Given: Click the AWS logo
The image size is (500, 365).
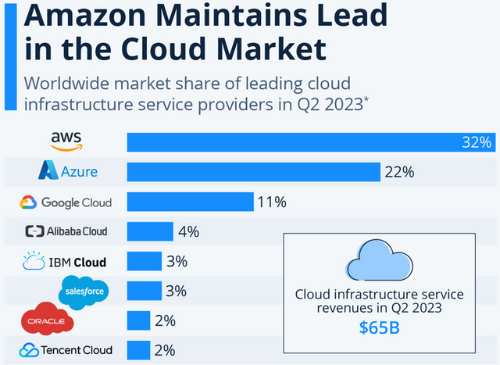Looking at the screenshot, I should coord(66,141).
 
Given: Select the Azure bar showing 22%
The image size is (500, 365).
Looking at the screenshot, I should coord(253,171).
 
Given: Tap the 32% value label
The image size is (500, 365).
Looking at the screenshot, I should coord(476,142).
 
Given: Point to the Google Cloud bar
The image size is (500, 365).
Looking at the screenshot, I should coord(190,202).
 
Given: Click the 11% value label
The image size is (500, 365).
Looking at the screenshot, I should coord(272,202).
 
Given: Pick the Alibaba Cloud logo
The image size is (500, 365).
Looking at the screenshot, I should coord(66,231).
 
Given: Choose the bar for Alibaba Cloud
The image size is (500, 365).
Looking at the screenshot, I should coord(150,231).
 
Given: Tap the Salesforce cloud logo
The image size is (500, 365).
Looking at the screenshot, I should coord(84,292).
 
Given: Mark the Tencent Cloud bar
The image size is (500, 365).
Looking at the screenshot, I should coord(138,350).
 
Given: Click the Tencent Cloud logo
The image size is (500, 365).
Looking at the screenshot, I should coord(66,350).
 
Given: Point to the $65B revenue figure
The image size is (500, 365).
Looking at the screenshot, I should coord(380,327).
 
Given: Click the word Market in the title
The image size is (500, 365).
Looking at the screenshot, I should coord(262,49).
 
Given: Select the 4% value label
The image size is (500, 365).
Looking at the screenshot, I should coord(188,231).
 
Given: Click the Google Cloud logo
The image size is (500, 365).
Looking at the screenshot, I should coord(66,202).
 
